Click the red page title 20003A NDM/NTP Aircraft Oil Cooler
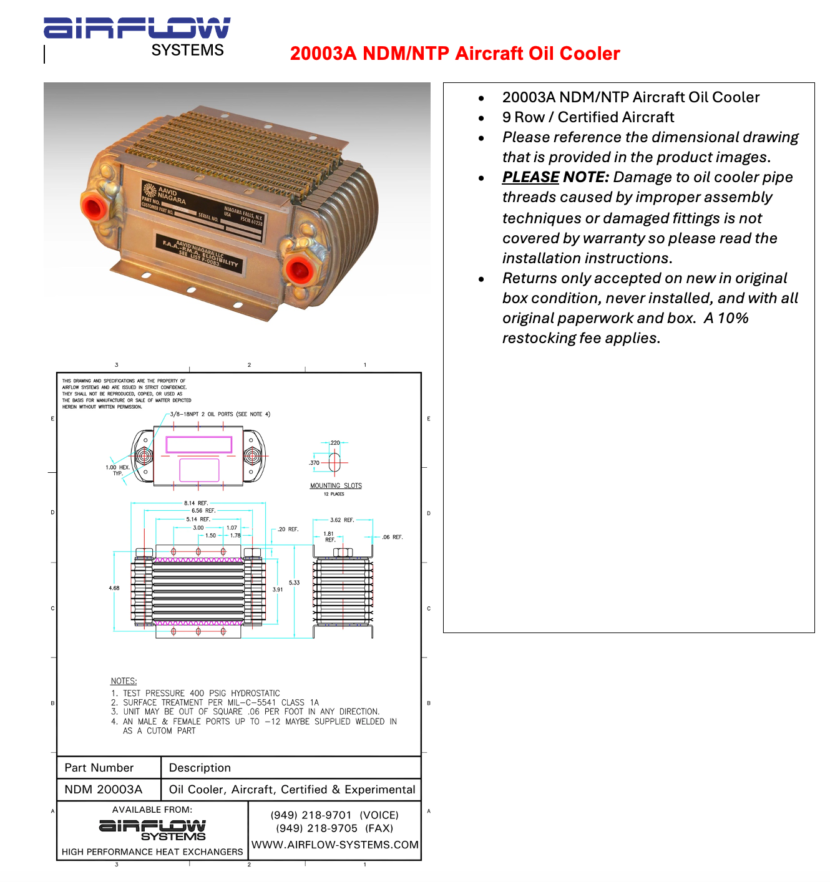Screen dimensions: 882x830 click(x=455, y=54)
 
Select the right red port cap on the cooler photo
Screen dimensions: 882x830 click(x=298, y=270)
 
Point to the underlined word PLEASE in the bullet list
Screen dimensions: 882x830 click(x=530, y=177)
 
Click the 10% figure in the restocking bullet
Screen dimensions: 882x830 click(x=733, y=318)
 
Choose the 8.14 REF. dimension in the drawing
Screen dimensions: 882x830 click(x=196, y=503)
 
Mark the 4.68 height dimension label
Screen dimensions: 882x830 click(x=114, y=588)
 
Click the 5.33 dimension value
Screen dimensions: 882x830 click(x=294, y=583)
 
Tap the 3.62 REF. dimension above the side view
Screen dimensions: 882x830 click(x=342, y=520)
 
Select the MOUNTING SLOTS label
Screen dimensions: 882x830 click(x=336, y=485)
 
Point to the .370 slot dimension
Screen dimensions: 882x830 click(x=314, y=463)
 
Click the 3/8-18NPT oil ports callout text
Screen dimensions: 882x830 click(x=220, y=414)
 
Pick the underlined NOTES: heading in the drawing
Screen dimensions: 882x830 click(x=124, y=681)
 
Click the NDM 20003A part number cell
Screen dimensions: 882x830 click(x=104, y=790)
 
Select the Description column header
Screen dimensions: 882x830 click(x=200, y=768)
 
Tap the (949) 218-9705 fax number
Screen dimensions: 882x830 click(x=317, y=828)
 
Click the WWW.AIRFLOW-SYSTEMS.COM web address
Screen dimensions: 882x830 click(x=335, y=845)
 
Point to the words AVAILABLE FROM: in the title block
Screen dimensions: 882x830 click(x=152, y=810)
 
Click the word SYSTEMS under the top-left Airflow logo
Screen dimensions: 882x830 click(x=187, y=51)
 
